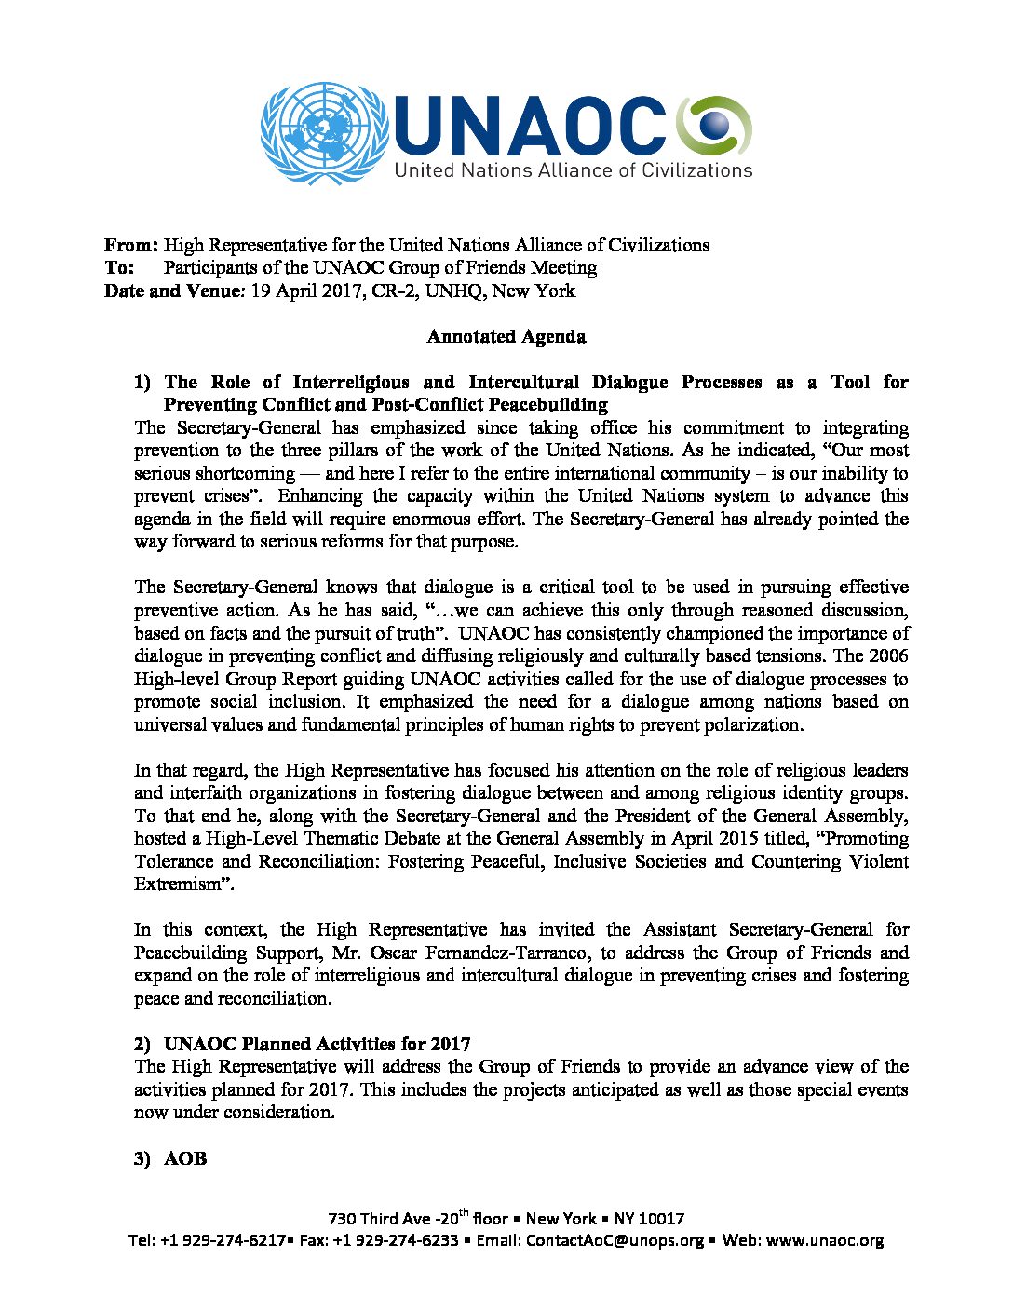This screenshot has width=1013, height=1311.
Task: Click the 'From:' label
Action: tap(131, 246)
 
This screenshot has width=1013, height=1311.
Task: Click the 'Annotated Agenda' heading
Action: tap(506, 337)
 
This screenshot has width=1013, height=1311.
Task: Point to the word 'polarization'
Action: tap(748, 724)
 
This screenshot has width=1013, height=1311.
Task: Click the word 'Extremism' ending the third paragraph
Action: tap(178, 885)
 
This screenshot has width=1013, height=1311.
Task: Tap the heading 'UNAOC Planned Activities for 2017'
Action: tap(317, 1044)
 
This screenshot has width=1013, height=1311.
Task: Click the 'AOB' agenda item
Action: tap(185, 1159)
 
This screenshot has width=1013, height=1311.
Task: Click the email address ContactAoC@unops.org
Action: tap(615, 1241)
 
